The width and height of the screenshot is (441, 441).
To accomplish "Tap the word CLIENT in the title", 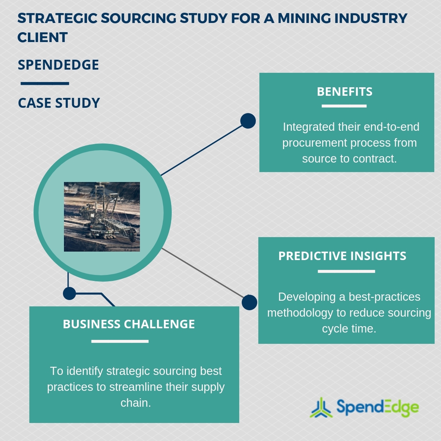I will click(x=42, y=37).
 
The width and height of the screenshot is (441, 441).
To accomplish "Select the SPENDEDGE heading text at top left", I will click(x=58, y=65).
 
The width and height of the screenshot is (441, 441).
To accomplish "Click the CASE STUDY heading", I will click(x=59, y=103).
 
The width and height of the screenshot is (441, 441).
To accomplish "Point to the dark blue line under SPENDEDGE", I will click(x=45, y=84).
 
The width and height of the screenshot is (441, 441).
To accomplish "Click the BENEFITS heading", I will click(x=345, y=92).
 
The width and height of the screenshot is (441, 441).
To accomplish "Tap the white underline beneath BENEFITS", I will click(x=344, y=106).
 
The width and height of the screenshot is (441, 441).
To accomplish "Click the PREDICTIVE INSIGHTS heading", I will click(x=342, y=256).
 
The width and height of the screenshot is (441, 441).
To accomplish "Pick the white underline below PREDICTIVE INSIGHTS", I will click(x=346, y=271).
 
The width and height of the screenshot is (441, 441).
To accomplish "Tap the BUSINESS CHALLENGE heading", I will click(x=129, y=324).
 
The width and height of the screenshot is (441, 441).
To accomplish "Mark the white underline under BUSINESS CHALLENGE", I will click(x=120, y=341).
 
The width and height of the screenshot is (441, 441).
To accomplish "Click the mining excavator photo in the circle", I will click(x=102, y=217).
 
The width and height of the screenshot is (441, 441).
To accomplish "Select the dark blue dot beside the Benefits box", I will click(x=248, y=121).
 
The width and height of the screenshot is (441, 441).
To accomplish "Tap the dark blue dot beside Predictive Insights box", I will click(x=249, y=302).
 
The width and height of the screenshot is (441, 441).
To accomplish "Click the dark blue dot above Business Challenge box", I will click(x=69, y=293).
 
